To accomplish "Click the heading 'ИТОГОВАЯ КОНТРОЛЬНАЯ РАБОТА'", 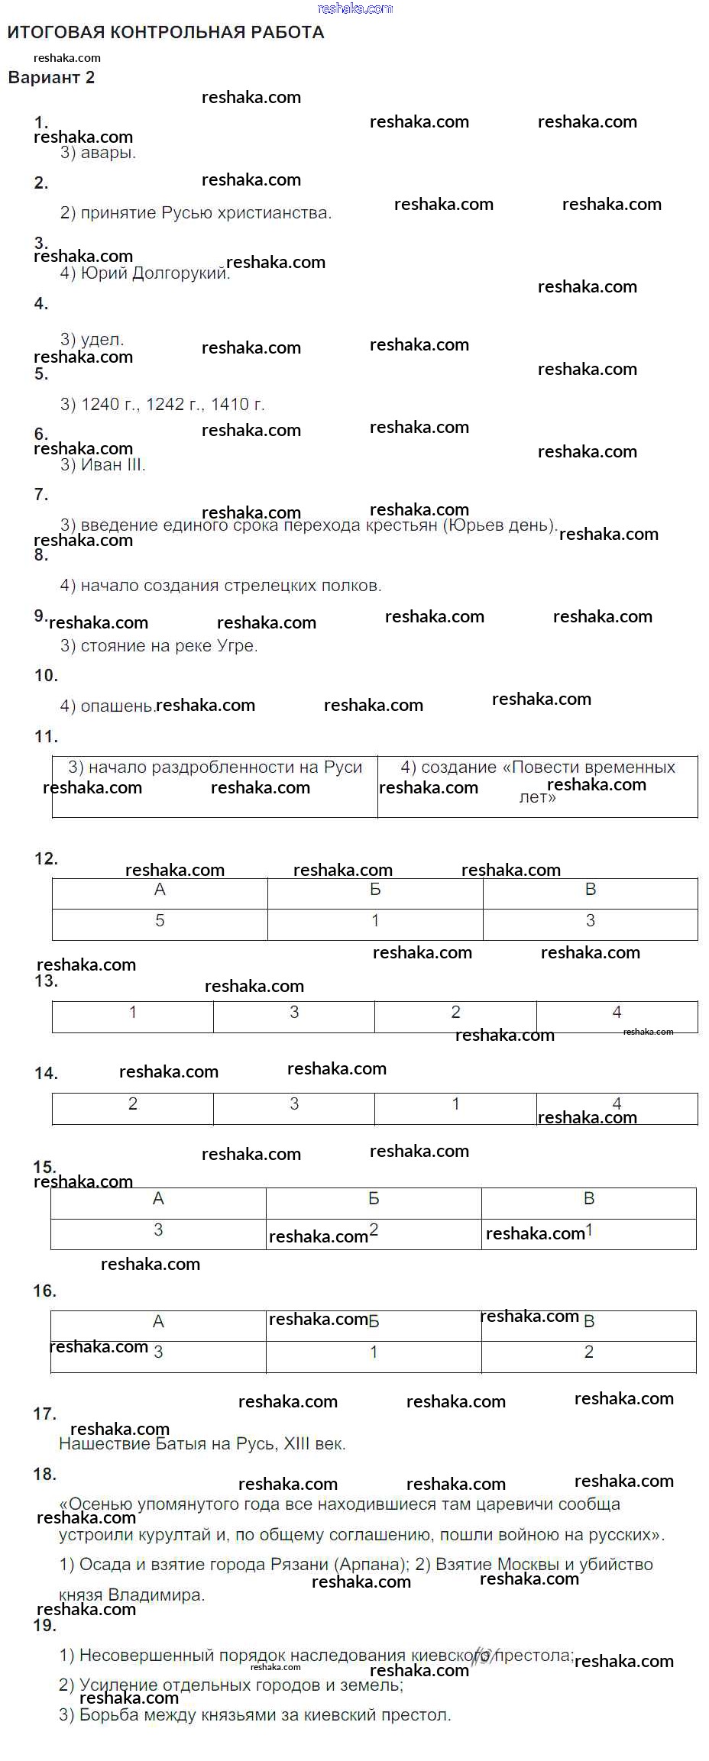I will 166,32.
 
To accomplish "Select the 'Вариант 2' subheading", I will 51,77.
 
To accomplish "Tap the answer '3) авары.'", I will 98,153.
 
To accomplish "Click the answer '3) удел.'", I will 92,339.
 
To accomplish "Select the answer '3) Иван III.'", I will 102,465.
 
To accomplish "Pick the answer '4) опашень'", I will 107,706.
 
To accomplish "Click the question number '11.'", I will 46,737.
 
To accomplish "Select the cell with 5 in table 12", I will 160,921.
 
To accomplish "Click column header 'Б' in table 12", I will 375,890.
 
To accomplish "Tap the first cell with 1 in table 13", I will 133,1013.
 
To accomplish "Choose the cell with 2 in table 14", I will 133,1104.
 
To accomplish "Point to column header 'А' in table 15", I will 158,1199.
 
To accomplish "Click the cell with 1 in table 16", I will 374,1352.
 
